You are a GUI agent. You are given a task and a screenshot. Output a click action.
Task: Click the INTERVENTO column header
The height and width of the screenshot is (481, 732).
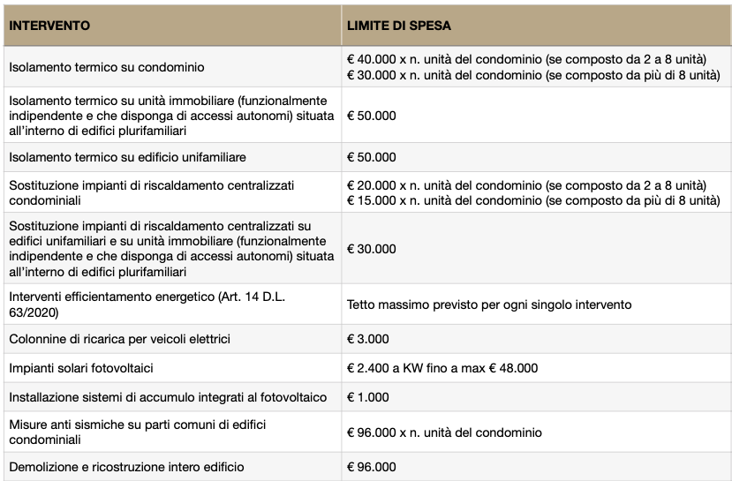click(49, 26)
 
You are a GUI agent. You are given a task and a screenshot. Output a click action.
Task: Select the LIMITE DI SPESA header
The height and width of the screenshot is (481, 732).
click(399, 26)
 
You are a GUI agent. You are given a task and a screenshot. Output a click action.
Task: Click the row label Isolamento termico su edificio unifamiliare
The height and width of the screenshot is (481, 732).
click(127, 157)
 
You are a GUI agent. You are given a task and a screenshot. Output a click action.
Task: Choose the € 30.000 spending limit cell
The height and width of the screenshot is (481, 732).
click(372, 250)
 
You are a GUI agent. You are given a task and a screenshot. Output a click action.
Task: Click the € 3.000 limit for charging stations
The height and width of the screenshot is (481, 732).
click(368, 339)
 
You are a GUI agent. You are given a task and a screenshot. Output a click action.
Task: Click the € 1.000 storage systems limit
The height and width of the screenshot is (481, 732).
click(368, 397)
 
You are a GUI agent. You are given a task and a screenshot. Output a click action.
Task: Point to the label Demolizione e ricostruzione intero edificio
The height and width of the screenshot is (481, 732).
click(126, 466)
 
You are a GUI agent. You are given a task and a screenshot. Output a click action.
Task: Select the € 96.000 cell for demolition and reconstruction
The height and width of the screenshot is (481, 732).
click(372, 466)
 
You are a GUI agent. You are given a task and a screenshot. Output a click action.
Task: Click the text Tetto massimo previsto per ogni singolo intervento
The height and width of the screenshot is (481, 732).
click(489, 304)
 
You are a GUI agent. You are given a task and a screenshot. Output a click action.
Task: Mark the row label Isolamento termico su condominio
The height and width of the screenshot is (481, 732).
click(106, 67)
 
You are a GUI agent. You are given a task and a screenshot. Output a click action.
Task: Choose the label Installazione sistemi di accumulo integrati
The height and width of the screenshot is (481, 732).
click(167, 397)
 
